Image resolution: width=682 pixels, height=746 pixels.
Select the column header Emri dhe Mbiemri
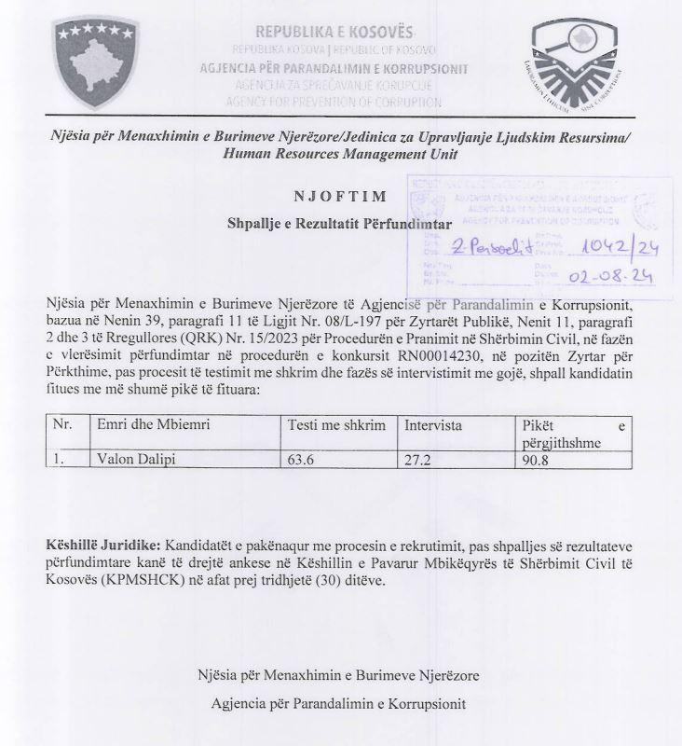pos(154,425)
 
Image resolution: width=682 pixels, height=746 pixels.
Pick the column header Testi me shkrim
pos(334,425)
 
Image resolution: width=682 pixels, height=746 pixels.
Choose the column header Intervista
pos(434,425)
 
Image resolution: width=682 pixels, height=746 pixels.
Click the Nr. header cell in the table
pos(63,425)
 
